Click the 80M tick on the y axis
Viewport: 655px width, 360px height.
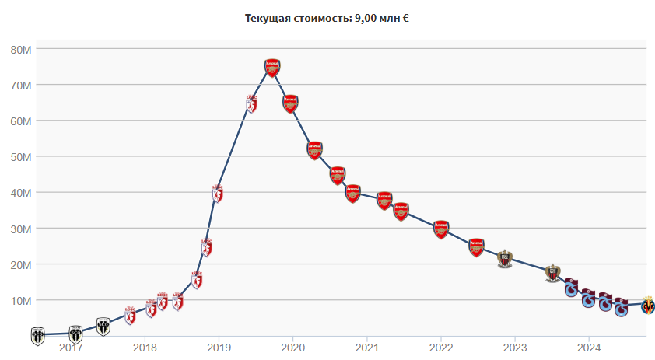[x=20, y=49]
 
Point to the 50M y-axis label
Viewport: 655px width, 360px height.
[x=20, y=157]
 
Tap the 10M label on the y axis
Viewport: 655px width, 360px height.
[x=20, y=301]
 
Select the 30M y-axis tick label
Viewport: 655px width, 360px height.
[x=20, y=229]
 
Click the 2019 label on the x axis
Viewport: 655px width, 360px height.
[x=219, y=347]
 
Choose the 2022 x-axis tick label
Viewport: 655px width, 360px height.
[x=441, y=347]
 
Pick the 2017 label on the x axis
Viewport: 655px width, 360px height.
[x=71, y=347]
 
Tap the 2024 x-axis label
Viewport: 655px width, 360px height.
[x=589, y=347]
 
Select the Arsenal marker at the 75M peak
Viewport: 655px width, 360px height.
[x=271, y=67]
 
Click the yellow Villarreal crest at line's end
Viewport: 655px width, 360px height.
[x=647, y=305]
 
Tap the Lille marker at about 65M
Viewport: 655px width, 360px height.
[x=251, y=103]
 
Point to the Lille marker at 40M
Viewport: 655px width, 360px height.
[x=218, y=193]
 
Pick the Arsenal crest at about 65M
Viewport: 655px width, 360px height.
[x=290, y=103]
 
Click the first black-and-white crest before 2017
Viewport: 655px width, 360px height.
[x=37, y=336]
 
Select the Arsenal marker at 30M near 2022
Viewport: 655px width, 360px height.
[x=441, y=229]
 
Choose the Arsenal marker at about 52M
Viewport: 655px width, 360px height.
[x=314, y=150]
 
